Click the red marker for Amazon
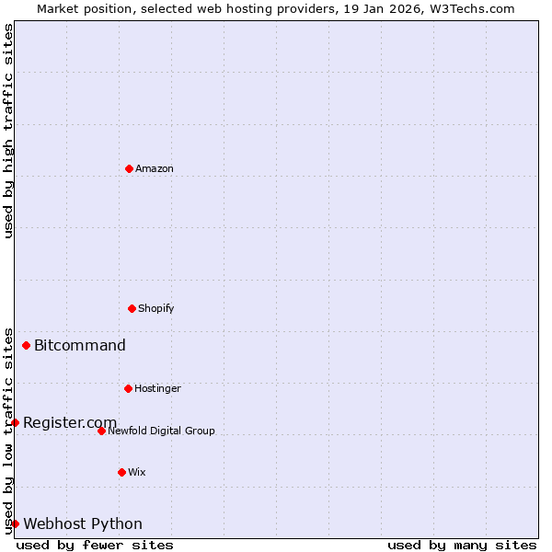129,168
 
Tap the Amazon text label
154,168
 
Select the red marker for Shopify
132,308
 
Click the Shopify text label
155,308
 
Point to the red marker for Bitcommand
26,346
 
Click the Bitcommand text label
79,346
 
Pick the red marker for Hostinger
128,388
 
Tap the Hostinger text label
157,388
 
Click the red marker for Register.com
15,422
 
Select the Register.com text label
70,422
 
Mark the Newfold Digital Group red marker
101,431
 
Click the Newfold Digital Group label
161,431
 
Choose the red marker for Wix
121,472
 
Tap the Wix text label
136,472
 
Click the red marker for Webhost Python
15,523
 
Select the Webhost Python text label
83,523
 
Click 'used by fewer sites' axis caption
95,545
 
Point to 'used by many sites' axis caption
462,545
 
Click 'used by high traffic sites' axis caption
8,131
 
